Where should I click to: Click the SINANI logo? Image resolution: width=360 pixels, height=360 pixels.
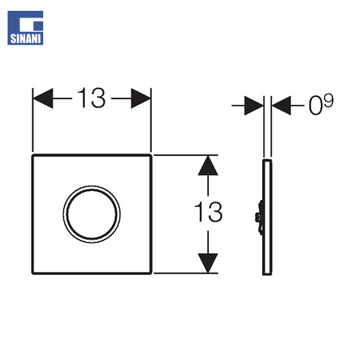coord(25,28)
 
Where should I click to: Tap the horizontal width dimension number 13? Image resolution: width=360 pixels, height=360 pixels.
coord(92,98)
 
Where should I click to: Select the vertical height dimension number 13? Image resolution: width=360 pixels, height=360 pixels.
coord(208,212)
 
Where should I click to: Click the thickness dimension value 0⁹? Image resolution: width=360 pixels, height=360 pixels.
coord(321,104)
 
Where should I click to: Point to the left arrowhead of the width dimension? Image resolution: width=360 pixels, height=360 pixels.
coord(43,98)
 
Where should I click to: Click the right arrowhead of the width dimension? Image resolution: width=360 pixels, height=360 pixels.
coord(140,98)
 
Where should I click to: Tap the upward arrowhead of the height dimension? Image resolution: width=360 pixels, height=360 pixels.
coord(208,165)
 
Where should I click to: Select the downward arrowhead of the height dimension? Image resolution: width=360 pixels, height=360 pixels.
coord(208,263)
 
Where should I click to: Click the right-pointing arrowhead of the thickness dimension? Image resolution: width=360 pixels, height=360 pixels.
coord(254,105)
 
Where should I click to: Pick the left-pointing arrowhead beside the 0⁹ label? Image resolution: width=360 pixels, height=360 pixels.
coord(281,105)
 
